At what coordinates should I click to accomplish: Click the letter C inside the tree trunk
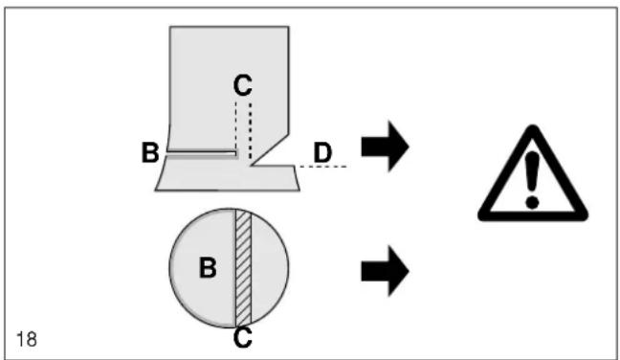pyautogui.click(x=242, y=85)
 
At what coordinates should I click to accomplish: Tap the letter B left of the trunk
pyautogui.click(x=150, y=152)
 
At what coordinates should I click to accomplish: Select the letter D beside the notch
pyautogui.click(x=322, y=152)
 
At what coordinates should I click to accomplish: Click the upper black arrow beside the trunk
pyautogui.click(x=385, y=146)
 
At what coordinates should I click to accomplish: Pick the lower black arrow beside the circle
pyautogui.click(x=385, y=271)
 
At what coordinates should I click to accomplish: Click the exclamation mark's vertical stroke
pyautogui.click(x=532, y=171)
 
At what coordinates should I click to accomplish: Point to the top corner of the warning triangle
pyautogui.click(x=533, y=127)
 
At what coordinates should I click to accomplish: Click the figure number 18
pyautogui.click(x=27, y=340)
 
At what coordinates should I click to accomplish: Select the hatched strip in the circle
pyautogui.click(x=243, y=267)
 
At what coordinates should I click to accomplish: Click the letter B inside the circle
pyautogui.click(x=208, y=267)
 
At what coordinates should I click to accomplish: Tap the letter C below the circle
pyautogui.click(x=242, y=337)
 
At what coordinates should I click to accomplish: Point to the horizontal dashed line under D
pyautogui.click(x=323, y=167)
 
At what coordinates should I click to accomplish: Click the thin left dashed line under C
pyautogui.click(x=236, y=125)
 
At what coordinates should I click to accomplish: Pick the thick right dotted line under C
pyautogui.click(x=251, y=131)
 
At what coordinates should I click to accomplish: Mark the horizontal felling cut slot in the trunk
pyautogui.click(x=203, y=153)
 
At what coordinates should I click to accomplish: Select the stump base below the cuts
pyautogui.click(x=228, y=177)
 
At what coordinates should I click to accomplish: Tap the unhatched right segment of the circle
pyautogui.click(x=269, y=268)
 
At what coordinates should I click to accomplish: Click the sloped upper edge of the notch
pyautogui.click(x=270, y=149)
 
